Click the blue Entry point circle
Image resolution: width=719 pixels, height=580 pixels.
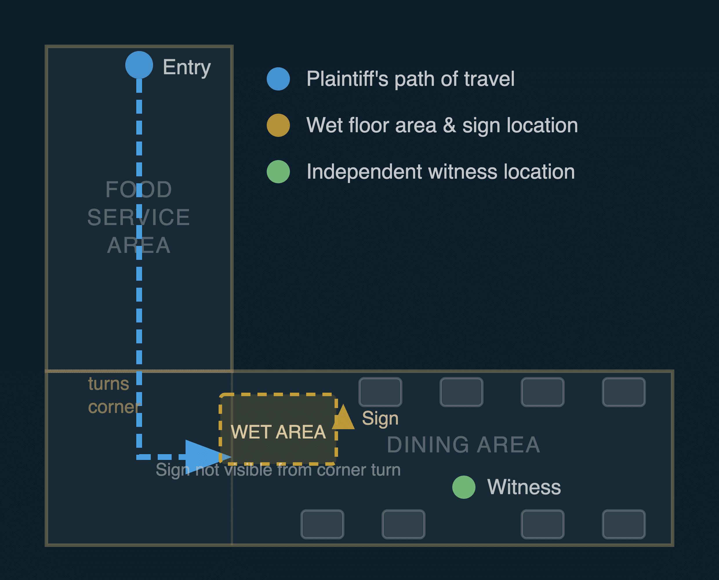click(x=139, y=65)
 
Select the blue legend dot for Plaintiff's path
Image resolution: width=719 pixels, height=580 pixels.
click(x=278, y=79)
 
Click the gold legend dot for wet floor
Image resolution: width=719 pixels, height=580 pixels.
click(x=278, y=125)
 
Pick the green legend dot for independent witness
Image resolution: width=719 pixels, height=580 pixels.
click(x=278, y=172)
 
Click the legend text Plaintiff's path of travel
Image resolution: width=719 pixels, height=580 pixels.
click(x=411, y=79)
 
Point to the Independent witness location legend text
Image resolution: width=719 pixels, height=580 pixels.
click(x=440, y=172)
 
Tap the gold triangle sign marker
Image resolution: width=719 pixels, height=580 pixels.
click(x=343, y=417)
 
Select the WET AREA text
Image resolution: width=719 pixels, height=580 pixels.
click(x=278, y=432)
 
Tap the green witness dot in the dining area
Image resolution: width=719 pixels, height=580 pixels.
click(x=464, y=487)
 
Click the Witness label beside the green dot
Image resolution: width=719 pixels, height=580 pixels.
click(x=524, y=487)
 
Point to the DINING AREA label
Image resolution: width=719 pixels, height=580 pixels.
click(x=464, y=445)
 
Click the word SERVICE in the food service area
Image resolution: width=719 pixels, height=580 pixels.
click(x=139, y=217)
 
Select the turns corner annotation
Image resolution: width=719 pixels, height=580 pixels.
click(x=114, y=395)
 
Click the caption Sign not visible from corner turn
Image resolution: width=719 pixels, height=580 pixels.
click(x=278, y=470)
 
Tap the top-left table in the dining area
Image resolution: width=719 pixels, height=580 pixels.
click(x=380, y=392)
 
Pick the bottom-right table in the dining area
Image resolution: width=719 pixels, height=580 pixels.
click(x=624, y=524)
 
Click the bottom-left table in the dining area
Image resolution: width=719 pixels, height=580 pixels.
click(x=322, y=524)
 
